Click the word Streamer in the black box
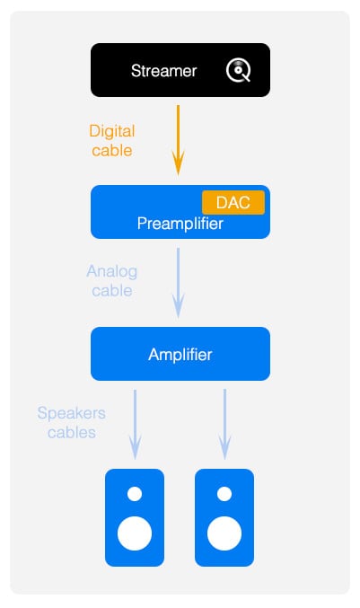164,71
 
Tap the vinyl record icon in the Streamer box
238,70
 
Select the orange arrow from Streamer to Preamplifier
179,140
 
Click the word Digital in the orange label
112,131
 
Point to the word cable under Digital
112,151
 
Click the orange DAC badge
233,202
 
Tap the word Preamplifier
180,224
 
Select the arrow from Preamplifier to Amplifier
179,283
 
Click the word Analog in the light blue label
112,272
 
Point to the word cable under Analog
112,291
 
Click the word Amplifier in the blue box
180,355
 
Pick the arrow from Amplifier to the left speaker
135,425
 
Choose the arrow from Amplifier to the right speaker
224,425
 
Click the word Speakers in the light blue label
72,413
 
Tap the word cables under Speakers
72,432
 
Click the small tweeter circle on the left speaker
135,494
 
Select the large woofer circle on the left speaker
135,533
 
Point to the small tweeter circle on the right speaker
224,494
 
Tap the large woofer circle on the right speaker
224,533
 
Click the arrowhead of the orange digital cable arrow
179,167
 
